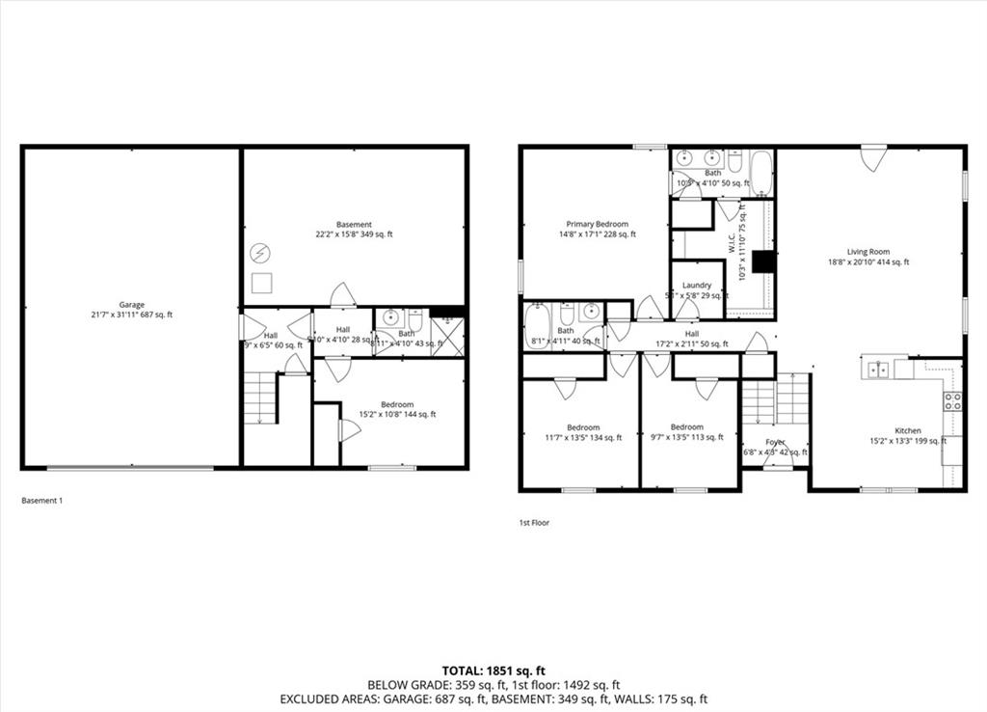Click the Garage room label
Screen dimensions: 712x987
[131, 305]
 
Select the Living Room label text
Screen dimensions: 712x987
[867, 252]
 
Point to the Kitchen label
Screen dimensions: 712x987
[907, 431]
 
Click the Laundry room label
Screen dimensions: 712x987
[696, 286]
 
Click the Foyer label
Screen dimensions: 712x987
[775, 443]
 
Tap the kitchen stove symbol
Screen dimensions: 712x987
[952, 401]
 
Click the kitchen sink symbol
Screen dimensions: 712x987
[877, 369]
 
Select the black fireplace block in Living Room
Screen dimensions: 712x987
[763, 262]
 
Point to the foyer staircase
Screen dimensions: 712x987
[775, 400]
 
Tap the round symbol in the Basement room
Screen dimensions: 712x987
[259, 254]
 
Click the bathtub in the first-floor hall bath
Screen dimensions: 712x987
[537, 326]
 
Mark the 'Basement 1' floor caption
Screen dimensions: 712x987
[41, 501]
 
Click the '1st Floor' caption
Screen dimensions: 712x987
[534, 523]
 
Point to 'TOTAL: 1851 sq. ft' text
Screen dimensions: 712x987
[493, 671]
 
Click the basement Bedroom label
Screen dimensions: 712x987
[396, 405]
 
